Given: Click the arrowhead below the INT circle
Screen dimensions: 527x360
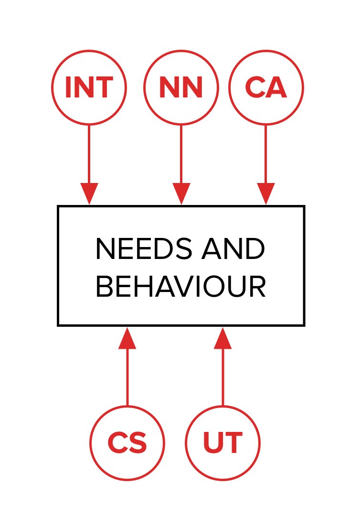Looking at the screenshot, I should click(x=89, y=193).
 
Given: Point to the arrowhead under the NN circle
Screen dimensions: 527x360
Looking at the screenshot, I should click(x=181, y=193).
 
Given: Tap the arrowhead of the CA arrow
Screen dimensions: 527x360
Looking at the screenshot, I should click(x=266, y=193).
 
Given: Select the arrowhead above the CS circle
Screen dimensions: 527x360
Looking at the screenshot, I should click(x=127, y=339).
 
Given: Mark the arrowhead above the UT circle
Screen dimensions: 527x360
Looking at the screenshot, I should click(x=222, y=339).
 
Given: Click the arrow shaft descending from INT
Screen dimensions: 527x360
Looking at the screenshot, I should click(x=89, y=153).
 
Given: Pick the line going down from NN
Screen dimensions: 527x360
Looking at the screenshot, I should click(x=181, y=153).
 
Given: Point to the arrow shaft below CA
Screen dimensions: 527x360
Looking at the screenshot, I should click(x=266, y=153).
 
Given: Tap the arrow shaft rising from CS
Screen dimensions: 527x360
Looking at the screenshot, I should click(x=127, y=377).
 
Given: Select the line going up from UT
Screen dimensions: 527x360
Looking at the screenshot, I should click(x=222, y=377).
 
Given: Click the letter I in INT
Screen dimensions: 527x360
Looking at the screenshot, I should click(x=68, y=87).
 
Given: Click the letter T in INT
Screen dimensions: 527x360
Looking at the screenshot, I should click(x=105, y=87).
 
